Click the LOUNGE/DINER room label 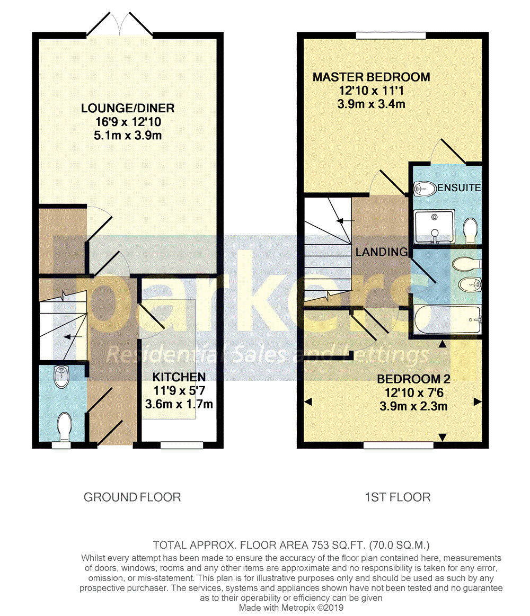(x=128, y=109)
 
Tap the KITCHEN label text (x=179, y=377)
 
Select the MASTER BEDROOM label (x=371, y=77)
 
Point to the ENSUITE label (x=459, y=188)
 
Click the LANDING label (x=381, y=252)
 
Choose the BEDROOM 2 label (x=409, y=379)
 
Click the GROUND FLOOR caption (x=132, y=497)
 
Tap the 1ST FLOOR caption (x=397, y=497)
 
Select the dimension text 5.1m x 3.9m (x=128, y=136)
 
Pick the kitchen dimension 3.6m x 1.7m (x=179, y=405)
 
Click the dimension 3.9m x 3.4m (x=371, y=104)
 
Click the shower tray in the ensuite (x=434, y=227)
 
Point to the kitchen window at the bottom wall (x=181, y=445)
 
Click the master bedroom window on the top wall (x=391, y=35)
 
